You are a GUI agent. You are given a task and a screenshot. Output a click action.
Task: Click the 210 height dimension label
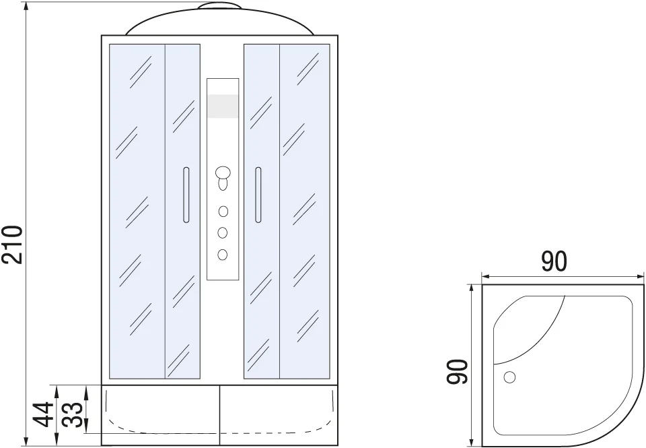pos(11,245)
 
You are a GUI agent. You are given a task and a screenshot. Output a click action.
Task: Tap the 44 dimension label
pos(44,414)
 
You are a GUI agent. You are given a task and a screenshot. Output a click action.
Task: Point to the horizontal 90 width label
pos(554,261)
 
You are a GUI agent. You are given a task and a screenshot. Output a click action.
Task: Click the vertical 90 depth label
pos(458,372)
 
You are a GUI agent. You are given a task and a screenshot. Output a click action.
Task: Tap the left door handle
pos(186,195)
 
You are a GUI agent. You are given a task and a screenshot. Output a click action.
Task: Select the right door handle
pos(258,195)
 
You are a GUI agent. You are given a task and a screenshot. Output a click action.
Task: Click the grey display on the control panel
pos(223,106)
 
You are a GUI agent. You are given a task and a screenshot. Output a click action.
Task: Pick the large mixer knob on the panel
pos(223,172)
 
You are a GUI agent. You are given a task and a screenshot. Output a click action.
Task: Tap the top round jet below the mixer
pos(223,212)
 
